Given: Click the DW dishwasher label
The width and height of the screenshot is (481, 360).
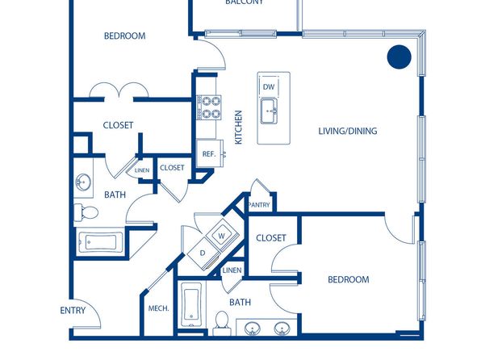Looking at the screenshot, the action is point(269,87).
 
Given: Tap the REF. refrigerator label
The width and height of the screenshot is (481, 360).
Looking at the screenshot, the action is point(209,154).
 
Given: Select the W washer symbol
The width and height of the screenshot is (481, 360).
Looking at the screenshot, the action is point(222,236).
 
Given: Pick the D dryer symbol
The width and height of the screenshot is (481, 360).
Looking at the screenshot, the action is point(203,253).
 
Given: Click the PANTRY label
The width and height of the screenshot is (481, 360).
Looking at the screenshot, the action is point(259,205).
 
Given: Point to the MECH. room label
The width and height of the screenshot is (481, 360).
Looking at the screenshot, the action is point(159,308).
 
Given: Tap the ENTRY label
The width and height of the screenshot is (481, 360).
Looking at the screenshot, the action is point(73,311).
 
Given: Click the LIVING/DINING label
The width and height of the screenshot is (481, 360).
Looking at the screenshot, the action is point(348,131).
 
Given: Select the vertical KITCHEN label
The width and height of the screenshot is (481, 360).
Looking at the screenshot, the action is point(238,127).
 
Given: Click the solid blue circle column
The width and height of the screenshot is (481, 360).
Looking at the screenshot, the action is point(399,57).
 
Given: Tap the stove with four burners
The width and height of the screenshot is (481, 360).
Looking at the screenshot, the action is point(209,107).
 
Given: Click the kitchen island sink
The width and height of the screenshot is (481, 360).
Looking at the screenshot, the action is point(269,111).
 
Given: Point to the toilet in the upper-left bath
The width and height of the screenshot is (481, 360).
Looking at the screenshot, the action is point(86,212).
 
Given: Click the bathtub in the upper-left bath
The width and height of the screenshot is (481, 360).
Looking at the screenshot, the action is point(101,242).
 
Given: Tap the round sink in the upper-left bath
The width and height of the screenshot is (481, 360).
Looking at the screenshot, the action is point(83,182).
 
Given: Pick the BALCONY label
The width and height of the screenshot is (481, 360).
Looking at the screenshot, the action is point(245,2).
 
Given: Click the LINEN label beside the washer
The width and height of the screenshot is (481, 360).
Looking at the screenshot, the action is point(232,270).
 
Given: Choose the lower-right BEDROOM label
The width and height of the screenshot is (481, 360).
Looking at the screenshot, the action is point(349,279).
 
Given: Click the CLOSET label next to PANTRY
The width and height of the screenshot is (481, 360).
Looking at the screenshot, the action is point(271,238).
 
